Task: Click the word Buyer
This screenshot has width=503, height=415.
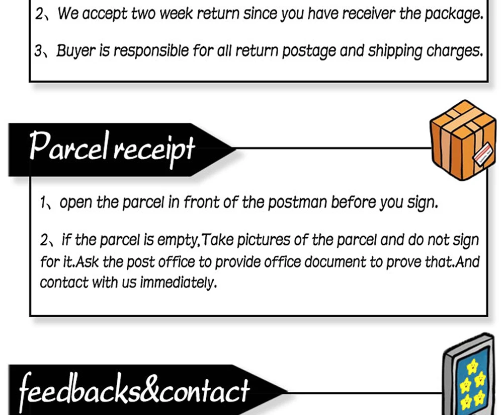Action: (75, 51)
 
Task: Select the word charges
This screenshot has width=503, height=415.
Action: (454, 51)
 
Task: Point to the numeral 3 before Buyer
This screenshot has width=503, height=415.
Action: (39, 51)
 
